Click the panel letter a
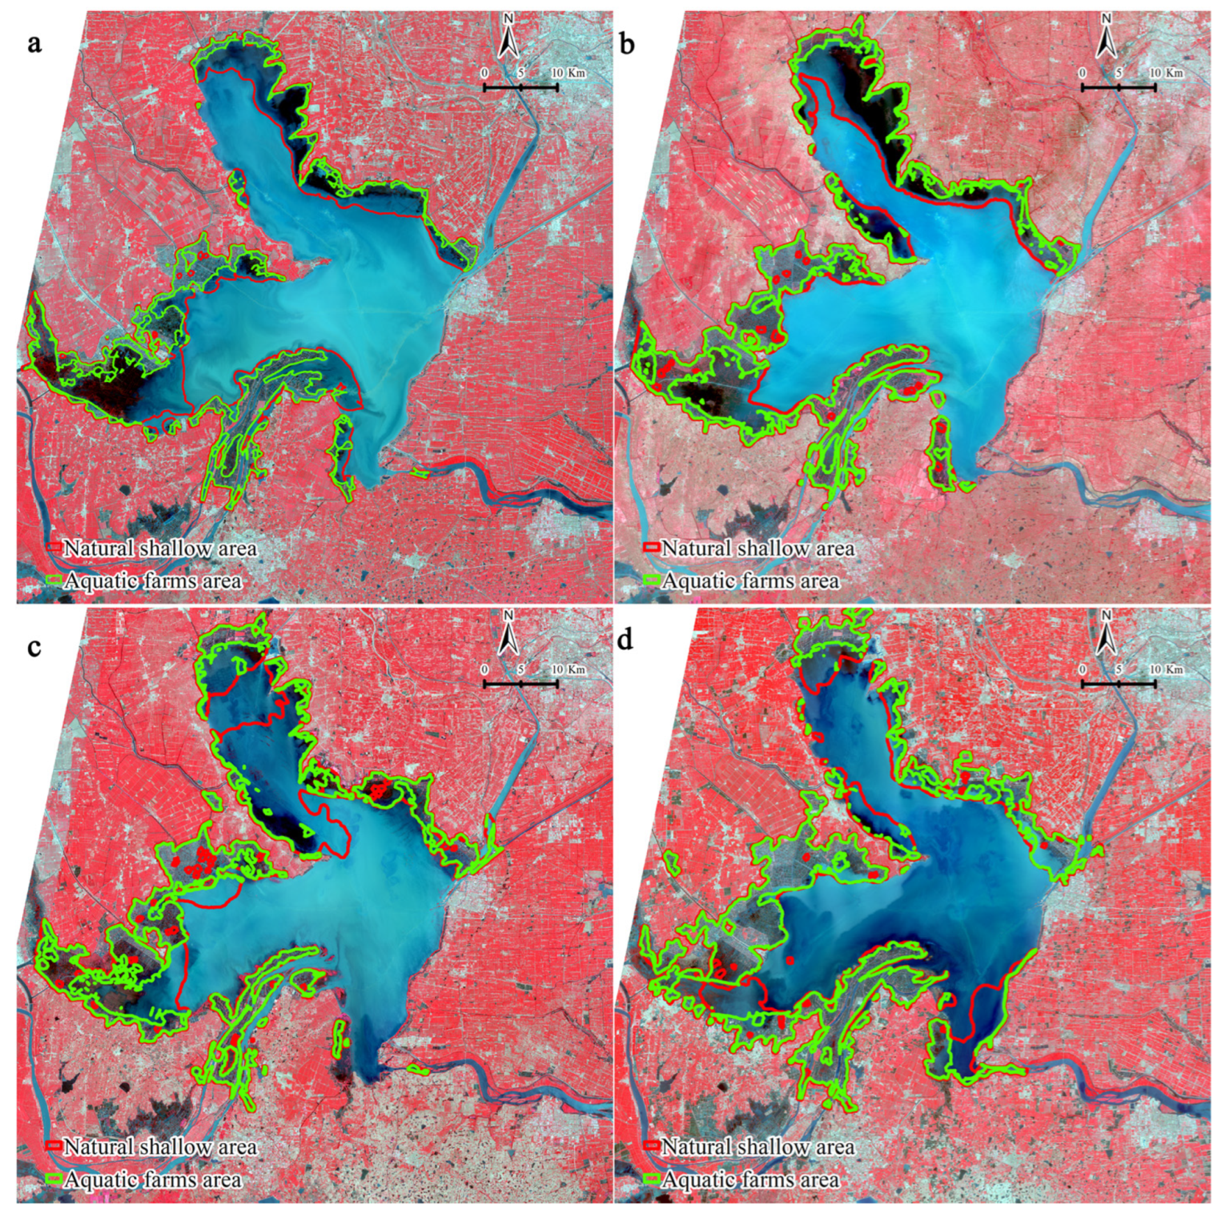(34, 45)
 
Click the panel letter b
(627, 45)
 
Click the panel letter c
(34, 646)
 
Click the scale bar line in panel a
(520, 87)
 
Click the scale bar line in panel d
(1118, 684)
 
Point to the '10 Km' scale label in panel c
(567, 670)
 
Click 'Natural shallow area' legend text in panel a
(160, 549)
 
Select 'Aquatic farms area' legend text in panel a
(153, 581)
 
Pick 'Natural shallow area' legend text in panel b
(758, 549)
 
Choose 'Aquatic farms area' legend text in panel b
(751, 581)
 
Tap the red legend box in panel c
(54, 1146)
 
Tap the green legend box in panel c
(54, 1178)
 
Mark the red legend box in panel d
(651, 1146)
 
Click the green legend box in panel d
(651, 1178)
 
